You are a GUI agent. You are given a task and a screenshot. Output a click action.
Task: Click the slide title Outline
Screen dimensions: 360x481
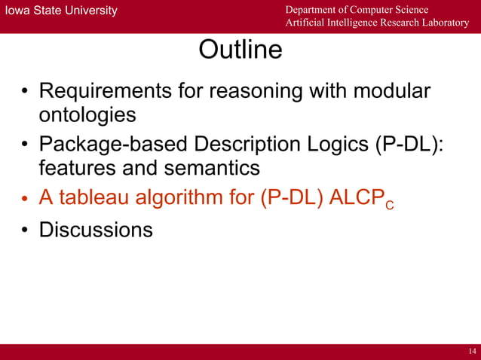click(240, 50)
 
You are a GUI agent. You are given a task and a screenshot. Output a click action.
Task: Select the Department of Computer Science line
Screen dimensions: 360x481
click(357, 9)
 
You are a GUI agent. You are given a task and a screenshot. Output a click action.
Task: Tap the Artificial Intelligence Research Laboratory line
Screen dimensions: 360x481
click(376, 23)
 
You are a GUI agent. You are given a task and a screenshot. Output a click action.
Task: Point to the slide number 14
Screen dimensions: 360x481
click(472, 352)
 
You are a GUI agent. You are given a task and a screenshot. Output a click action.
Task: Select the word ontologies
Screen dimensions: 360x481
click(87, 115)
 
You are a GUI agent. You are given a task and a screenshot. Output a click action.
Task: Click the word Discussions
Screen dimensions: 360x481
click(96, 228)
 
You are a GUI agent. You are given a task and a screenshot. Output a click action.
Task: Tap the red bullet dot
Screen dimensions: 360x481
click(24, 199)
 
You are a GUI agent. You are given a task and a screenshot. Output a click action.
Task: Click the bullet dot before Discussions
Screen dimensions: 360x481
click(24, 230)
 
